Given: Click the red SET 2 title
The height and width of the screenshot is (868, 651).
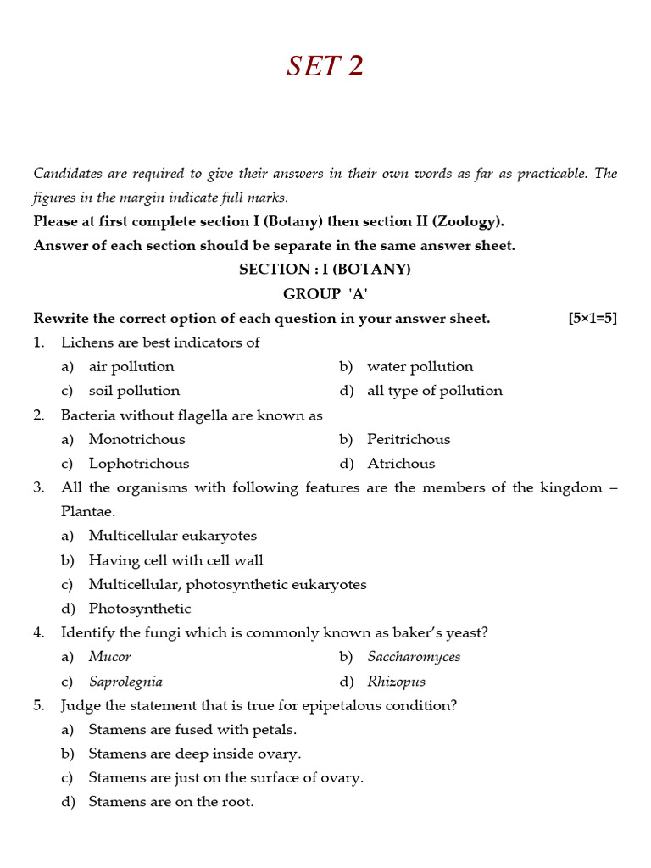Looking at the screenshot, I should pyautogui.click(x=325, y=66).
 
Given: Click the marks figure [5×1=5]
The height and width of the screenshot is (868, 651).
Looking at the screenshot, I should pyautogui.click(x=593, y=319).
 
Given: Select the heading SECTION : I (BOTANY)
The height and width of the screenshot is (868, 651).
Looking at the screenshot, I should pyautogui.click(x=325, y=270).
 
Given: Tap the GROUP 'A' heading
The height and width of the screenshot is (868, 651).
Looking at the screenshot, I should pyautogui.click(x=325, y=294).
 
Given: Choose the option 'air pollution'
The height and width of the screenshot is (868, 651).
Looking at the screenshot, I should pyautogui.click(x=131, y=367).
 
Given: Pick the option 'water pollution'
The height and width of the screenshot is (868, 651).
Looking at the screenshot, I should pyautogui.click(x=420, y=367).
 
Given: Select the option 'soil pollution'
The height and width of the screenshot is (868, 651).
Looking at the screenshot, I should pyautogui.click(x=134, y=391).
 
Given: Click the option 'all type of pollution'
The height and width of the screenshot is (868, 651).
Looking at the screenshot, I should pyautogui.click(x=434, y=391).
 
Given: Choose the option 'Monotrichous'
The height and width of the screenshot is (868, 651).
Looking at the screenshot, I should pyautogui.click(x=136, y=440).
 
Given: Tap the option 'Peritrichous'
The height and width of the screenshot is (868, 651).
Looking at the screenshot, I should pyautogui.click(x=409, y=440).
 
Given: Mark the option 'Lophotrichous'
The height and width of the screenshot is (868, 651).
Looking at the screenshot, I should pyautogui.click(x=139, y=464).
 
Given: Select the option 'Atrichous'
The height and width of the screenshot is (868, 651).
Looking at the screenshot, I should pyautogui.click(x=401, y=464).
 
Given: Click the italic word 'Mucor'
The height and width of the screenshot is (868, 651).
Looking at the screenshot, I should pyautogui.click(x=110, y=657).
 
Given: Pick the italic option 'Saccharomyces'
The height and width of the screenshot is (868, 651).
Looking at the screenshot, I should pyautogui.click(x=414, y=657).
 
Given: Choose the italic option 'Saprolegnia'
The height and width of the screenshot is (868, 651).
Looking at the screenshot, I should pyautogui.click(x=125, y=682).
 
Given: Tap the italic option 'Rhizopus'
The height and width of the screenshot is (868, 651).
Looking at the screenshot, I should pyautogui.click(x=396, y=682).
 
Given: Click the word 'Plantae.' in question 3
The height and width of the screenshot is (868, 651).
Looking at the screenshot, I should pyautogui.click(x=88, y=512).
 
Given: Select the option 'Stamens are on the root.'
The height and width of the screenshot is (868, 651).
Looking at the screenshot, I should pyautogui.click(x=171, y=802).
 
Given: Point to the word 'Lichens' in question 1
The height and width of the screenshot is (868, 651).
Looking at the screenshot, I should pyautogui.click(x=87, y=342).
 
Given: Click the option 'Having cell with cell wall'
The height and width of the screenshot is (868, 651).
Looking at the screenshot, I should pyautogui.click(x=175, y=560).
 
